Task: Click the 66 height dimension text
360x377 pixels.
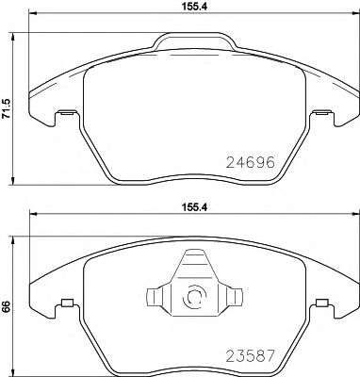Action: pyautogui.click(x=8, y=306)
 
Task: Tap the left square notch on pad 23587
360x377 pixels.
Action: pyautogui.click(x=66, y=303)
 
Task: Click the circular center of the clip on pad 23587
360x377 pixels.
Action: pyautogui.click(x=195, y=297)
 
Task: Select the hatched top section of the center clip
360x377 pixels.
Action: pyautogui.click(x=193, y=263)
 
